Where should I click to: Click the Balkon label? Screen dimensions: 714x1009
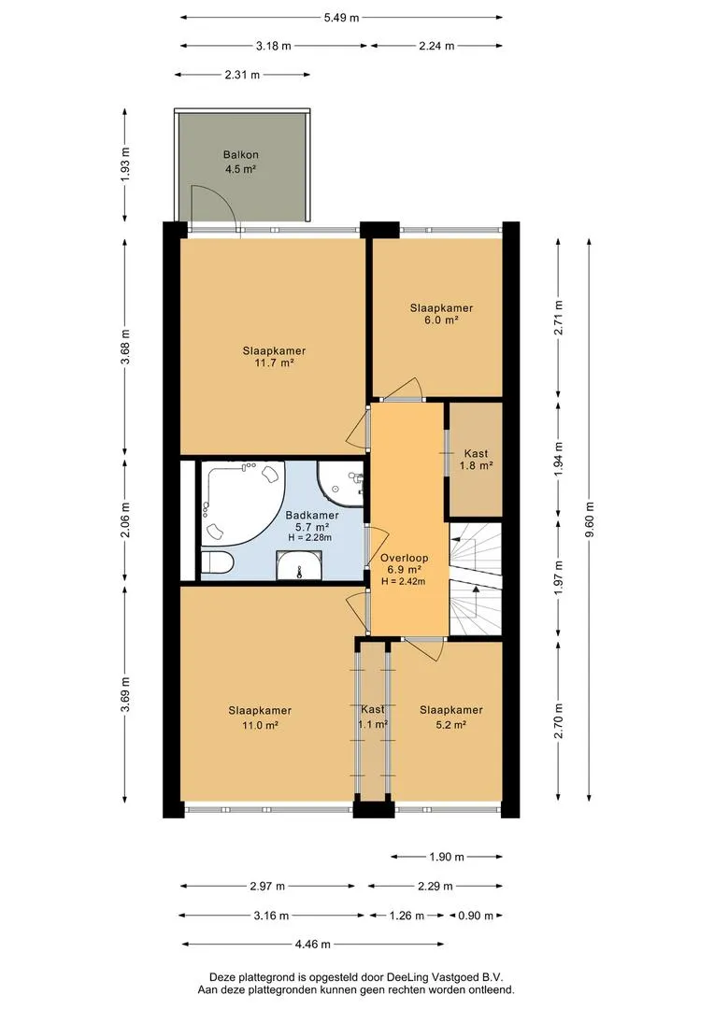[x=241, y=154]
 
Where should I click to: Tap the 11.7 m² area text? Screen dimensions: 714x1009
[x=274, y=362]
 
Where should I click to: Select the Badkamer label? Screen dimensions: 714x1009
[x=312, y=515]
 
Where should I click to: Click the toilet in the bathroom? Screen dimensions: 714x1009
[x=217, y=563]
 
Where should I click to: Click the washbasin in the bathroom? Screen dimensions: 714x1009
[x=299, y=565]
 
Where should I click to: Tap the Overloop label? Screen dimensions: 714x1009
[x=404, y=558]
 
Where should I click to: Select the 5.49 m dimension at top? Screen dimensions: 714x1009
[x=341, y=18]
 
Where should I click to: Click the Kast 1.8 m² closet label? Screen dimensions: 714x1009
[x=476, y=460]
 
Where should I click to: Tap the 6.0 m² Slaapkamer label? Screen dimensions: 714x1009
[x=441, y=313]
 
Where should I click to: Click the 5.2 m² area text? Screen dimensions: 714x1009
[x=450, y=725]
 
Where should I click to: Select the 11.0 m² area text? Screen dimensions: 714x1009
[x=260, y=725]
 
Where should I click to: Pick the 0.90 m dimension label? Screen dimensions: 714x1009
[x=476, y=915]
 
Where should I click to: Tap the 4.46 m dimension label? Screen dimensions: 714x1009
[x=312, y=944]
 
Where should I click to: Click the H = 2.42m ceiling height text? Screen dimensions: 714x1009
[x=404, y=581]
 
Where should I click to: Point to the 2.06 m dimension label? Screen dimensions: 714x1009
[x=125, y=519]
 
